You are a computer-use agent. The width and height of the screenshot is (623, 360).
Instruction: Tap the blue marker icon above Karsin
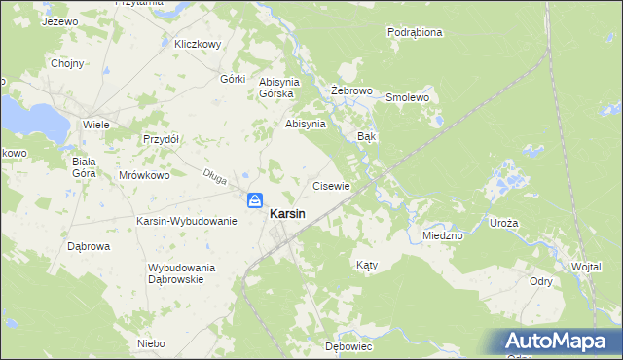pyautogui.click(x=254, y=200)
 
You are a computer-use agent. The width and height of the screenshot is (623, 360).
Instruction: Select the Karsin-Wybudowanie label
pyautogui.click(x=187, y=221)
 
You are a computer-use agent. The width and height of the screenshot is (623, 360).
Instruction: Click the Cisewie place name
pyautogui.click(x=330, y=185)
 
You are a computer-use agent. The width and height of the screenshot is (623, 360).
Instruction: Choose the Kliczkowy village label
pyautogui.click(x=199, y=44)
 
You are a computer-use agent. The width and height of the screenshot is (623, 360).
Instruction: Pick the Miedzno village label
pyautogui.click(x=443, y=235)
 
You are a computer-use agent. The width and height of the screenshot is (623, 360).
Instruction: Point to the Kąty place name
pyautogui.click(x=366, y=265)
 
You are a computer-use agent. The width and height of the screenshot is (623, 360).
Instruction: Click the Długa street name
pyautogui.click(x=214, y=176)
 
